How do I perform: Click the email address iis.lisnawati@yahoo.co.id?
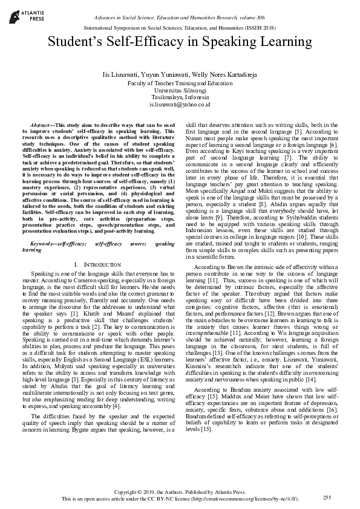tap(180, 105)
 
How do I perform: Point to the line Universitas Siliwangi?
tap(180, 89)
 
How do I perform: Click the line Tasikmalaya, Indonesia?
tap(180, 97)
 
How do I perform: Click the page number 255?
tap(327, 497)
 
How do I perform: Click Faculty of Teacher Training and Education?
tap(180, 82)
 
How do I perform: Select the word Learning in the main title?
tap(289, 42)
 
